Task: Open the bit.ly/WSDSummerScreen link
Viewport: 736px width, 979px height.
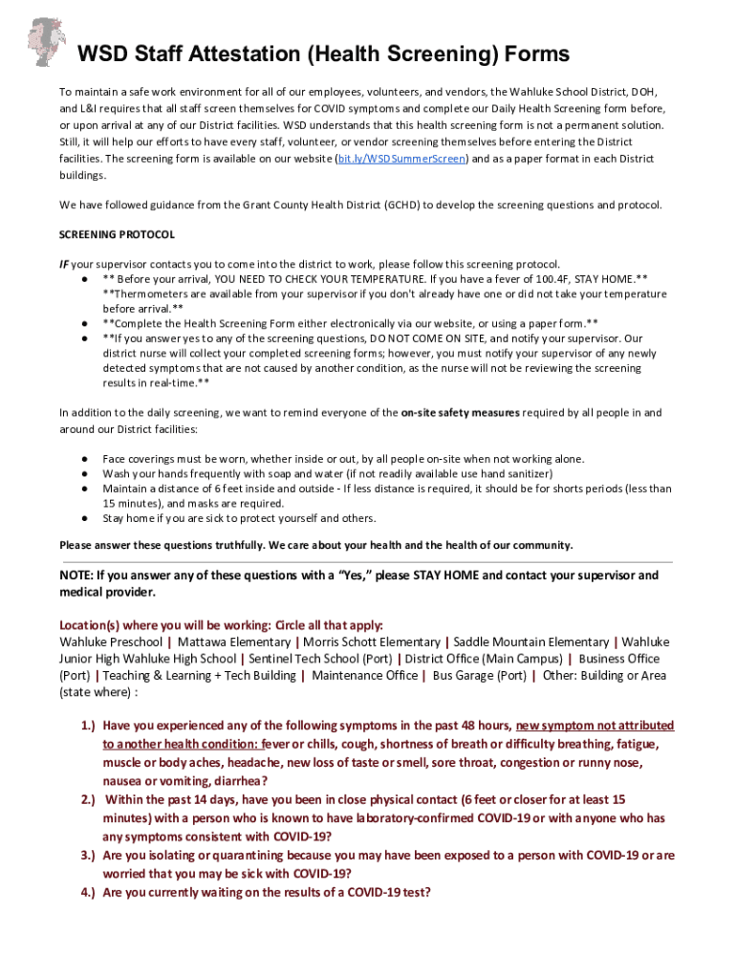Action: click(x=402, y=159)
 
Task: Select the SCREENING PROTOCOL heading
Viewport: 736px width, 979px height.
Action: click(x=117, y=234)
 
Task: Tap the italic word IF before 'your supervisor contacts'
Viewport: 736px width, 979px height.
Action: click(x=64, y=264)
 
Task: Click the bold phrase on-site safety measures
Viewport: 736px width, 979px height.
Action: click(x=460, y=413)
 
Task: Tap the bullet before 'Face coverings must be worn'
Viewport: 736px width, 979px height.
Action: click(x=86, y=459)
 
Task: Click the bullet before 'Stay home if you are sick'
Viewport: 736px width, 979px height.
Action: click(x=86, y=519)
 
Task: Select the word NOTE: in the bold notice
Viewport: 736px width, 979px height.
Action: click(x=76, y=576)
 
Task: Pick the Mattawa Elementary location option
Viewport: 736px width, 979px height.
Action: click(x=234, y=642)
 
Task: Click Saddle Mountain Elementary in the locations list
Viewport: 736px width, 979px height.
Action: click(x=530, y=642)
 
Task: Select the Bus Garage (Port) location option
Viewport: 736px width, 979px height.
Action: click(x=479, y=675)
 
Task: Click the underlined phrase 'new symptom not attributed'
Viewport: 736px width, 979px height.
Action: click(x=595, y=726)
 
